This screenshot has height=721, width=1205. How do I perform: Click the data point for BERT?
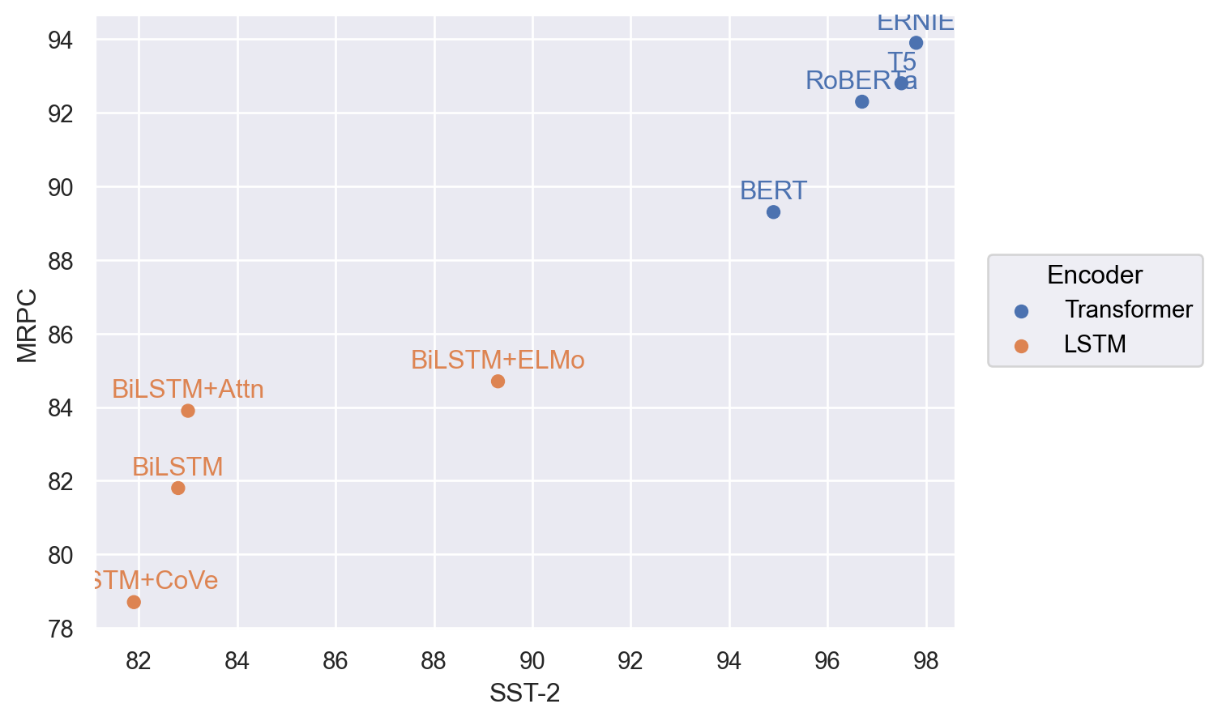pos(773,212)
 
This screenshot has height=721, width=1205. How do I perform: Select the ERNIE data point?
pos(916,43)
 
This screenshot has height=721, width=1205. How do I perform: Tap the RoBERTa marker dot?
pos(861,101)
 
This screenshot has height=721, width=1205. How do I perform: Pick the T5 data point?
pos(901,83)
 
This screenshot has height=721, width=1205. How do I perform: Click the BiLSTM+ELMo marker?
pos(498,382)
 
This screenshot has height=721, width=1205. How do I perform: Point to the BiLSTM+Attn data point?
pos(188,411)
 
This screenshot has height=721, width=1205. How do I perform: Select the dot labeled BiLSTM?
pos(178,488)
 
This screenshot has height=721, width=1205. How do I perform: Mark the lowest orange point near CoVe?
pos(134,602)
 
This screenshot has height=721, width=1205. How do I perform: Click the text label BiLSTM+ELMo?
pos(498,360)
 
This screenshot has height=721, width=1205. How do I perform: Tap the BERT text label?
pos(773,190)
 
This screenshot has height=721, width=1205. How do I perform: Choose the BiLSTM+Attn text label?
pos(188,390)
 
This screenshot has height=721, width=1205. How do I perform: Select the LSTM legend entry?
pos(1095,344)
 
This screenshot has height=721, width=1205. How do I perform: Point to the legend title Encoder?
pos(1094,275)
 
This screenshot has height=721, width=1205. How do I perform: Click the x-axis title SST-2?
pos(524,693)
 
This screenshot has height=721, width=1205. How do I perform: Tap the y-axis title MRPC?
pos(28,326)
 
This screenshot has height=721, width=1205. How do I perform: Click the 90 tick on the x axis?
pos(532,661)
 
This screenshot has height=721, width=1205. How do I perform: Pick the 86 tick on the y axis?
pos(61,335)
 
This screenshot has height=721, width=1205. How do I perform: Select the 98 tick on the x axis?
pos(925,661)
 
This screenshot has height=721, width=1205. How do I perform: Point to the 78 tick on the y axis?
pos(61,629)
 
